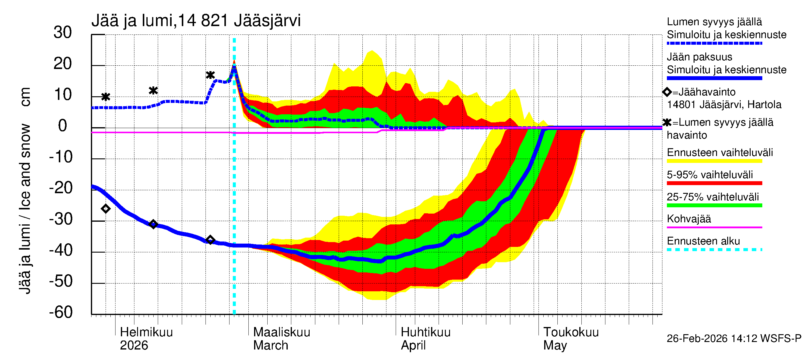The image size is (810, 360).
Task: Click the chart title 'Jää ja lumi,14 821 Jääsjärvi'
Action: [x=196, y=21]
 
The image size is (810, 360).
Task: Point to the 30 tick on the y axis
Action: [x=63, y=33]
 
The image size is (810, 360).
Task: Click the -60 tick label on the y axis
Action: [x=61, y=312]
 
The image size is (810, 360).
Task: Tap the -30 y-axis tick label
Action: [x=61, y=219]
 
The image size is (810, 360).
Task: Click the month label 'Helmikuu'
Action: [x=146, y=332]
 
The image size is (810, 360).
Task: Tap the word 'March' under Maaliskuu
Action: [x=270, y=346]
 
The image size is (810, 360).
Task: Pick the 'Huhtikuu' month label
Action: [x=425, y=332]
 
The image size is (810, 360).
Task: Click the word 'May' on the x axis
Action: [x=555, y=346]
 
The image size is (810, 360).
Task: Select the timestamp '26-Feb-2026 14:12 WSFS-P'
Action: [x=734, y=339]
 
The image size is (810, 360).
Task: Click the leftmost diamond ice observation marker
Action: [x=106, y=209]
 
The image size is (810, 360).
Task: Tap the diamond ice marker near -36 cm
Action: [x=210, y=240]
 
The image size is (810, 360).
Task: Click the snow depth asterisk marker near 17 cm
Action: [x=210, y=75]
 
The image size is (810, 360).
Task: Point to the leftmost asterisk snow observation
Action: [x=106, y=97]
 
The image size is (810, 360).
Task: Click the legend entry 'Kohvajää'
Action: [x=688, y=219]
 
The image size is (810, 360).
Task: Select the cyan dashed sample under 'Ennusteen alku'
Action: [x=714, y=250]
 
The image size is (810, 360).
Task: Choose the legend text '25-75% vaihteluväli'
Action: [x=712, y=197]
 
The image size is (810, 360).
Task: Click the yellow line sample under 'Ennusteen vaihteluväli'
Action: [x=714, y=161]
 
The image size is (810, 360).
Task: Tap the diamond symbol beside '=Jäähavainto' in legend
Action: [x=667, y=92]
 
